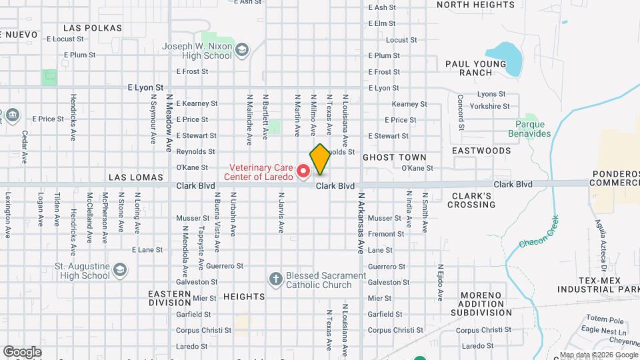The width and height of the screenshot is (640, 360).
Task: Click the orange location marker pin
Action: pos(320,159)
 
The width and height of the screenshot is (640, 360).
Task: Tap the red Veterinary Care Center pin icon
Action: pos(304,172)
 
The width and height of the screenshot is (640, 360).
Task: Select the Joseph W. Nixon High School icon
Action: pos(242,50)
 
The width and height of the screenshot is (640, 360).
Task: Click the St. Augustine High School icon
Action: pos(120,269)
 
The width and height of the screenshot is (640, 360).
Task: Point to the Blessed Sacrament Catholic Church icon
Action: pos(275,278)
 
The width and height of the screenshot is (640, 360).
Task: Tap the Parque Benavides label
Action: pos(533,129)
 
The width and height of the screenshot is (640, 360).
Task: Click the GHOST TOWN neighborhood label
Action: pos(394,158)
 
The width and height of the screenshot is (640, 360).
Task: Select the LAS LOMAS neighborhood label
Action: pos(135,177)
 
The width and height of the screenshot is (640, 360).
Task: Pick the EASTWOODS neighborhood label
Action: pos(481,151)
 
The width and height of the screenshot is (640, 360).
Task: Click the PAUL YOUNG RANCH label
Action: pos(475,68)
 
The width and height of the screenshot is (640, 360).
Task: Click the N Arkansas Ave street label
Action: pos(361,223)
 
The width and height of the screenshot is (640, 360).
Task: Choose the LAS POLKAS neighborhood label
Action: pos(93,28)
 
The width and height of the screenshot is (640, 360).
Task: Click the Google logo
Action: pos(22,351)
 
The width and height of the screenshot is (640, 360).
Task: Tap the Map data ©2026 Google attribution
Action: pos(598,355)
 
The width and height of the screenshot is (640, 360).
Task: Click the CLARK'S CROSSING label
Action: pos(471,200)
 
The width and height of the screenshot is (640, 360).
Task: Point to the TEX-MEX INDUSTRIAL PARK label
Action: pos(599,284)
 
